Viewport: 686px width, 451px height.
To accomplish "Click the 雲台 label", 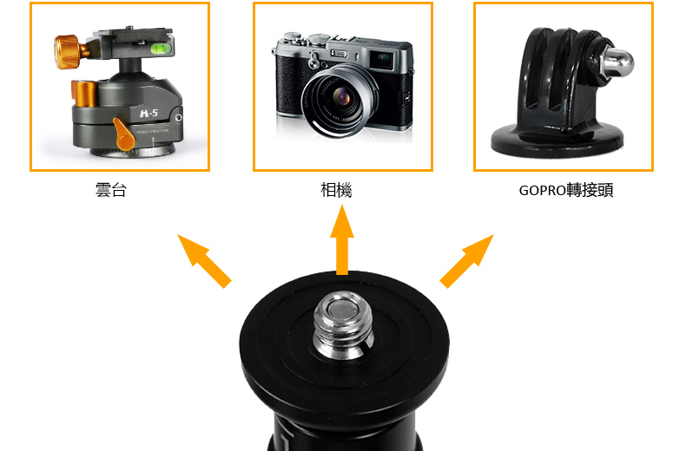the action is click(111, 190).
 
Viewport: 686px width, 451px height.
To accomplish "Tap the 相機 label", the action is click(336, 190).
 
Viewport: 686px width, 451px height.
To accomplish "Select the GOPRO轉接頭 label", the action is click(566, 191).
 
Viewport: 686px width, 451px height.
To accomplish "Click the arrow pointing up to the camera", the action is click(342, 240).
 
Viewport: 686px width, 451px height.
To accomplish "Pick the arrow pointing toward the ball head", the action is click(204, 261).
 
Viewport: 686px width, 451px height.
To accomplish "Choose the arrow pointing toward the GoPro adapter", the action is click(467, 261).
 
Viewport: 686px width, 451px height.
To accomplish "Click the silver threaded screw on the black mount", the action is click(344, 325).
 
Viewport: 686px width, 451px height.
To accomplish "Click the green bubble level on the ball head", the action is click(161, 48).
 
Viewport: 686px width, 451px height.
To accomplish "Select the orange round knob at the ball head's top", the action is click(67, 52).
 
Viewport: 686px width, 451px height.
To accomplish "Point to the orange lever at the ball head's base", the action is click(124, 134).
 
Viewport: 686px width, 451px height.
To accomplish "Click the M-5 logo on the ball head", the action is click(148, 114).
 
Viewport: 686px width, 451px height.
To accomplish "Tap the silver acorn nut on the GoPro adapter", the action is click(617, 62).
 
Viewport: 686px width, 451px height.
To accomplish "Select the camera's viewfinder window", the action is click(383, 59).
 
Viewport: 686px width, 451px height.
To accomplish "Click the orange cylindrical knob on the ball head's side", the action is click(83, 94).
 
